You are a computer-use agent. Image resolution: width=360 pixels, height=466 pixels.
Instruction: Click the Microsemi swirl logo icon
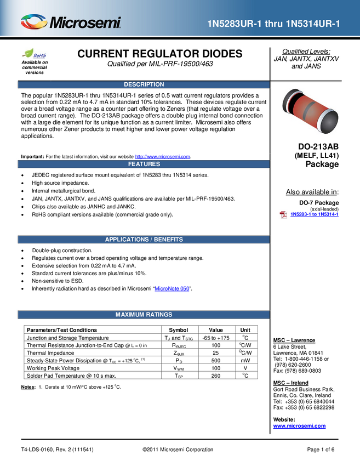coord(33,22)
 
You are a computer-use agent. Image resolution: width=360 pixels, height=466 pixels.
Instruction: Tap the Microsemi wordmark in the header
coord(85,23)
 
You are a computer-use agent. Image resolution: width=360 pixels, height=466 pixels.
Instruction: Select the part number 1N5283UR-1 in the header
coord(234,24)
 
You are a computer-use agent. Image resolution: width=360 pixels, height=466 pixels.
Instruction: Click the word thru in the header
coord(273,24)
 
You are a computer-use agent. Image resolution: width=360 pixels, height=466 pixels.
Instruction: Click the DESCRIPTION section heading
coord(144,84)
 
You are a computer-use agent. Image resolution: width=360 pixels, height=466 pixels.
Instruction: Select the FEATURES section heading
coord(144,164)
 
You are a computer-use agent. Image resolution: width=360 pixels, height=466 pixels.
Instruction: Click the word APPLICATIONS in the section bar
coord(127,240)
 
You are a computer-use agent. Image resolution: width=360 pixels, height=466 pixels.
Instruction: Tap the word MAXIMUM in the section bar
coord(129,315)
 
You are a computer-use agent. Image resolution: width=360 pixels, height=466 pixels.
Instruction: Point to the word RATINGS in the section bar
coord(159,315)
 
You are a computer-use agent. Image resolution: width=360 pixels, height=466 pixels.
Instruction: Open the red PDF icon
coord(283,214)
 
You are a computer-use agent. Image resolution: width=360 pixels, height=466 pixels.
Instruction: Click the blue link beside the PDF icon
coord(315,214)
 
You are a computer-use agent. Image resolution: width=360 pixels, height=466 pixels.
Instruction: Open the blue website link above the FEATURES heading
coord(163,156)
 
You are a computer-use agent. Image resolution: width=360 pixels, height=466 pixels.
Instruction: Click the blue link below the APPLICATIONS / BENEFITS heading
coord(172,288)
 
